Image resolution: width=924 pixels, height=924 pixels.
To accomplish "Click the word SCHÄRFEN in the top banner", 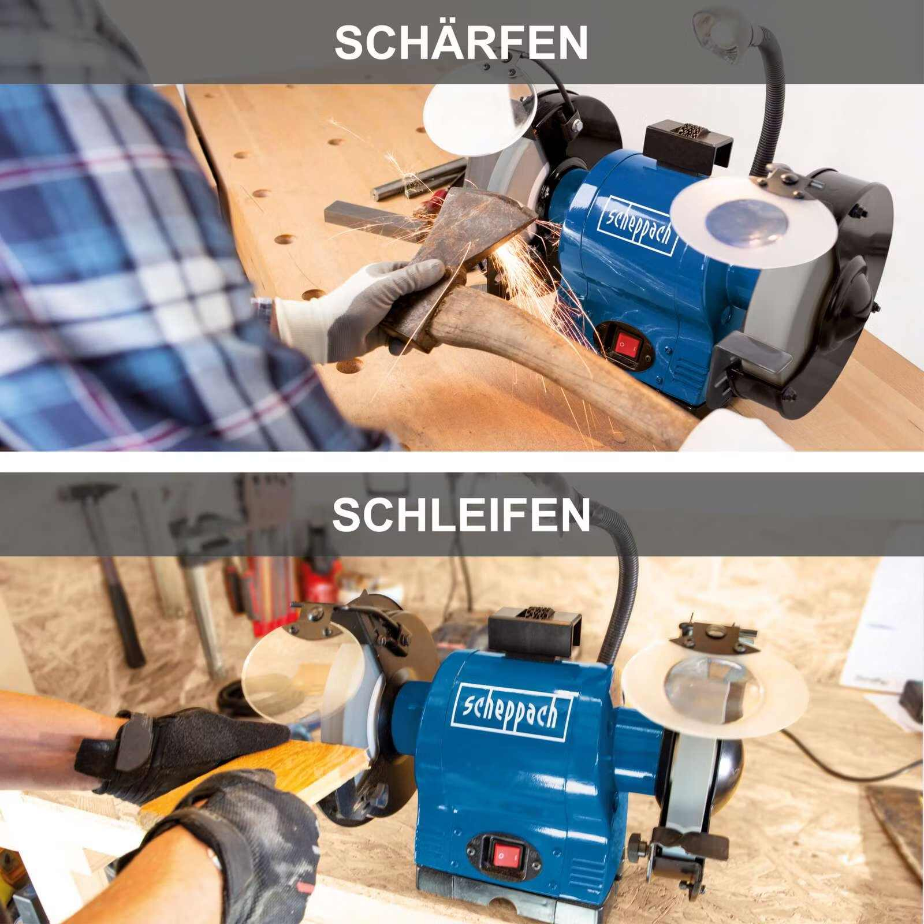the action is point(461,42).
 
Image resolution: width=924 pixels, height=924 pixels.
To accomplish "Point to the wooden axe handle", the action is point(549,358).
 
